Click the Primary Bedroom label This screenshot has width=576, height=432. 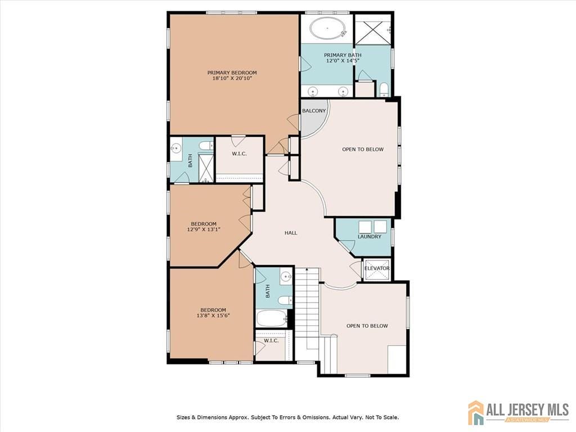(232, 73)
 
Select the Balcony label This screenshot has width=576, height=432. (314, 111)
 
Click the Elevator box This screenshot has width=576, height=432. (376, 269)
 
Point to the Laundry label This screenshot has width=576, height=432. (369, 237)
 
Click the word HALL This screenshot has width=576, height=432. (291, 232)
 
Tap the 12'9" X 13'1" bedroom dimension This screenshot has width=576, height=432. (204, 229)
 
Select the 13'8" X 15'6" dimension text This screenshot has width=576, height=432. (213, 315)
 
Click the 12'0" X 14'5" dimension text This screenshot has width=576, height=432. (343, 61)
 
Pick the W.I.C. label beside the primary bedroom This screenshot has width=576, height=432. (239, 154)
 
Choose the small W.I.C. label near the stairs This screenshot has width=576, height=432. (271, 340)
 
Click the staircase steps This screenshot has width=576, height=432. (308, 309)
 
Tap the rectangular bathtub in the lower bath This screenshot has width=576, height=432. (272, 318)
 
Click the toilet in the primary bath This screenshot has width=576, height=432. (384, 89)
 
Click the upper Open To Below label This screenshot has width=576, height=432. (363, 149)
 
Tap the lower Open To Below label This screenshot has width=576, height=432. (367, 326)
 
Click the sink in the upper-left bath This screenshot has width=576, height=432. (176, 148)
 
